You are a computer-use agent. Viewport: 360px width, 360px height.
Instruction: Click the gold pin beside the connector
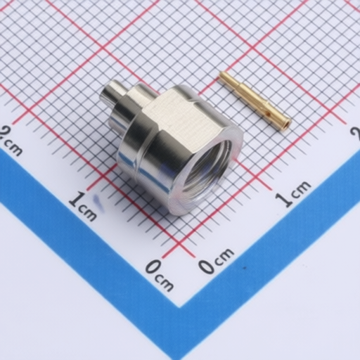[255, 99]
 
